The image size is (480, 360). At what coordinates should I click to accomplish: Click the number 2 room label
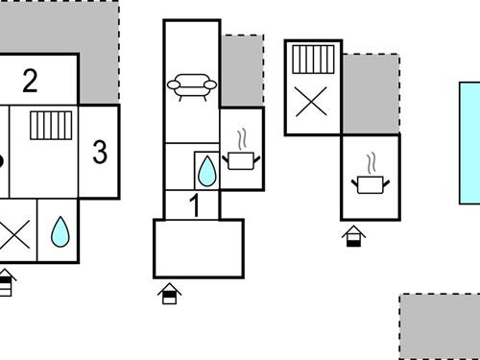(30, 81)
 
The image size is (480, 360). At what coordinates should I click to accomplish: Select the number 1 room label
(194, 204)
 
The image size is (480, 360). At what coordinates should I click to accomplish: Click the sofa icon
(191, 87)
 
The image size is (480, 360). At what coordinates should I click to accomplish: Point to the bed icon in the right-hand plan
(312, 60)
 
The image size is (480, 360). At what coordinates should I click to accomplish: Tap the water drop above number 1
(206, 172)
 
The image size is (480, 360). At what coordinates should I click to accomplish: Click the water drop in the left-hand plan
(60, 230)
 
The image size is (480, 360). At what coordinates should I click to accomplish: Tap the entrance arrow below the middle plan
(170, 293)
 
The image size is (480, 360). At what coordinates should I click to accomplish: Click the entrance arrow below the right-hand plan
(354, 235)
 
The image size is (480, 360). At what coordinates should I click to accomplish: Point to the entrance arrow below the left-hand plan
(7, 282)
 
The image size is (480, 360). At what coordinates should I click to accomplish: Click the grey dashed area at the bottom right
(439, 326)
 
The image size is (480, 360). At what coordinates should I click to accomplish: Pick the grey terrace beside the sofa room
(242, 70)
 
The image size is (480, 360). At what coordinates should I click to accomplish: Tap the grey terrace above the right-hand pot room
(371, 94)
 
